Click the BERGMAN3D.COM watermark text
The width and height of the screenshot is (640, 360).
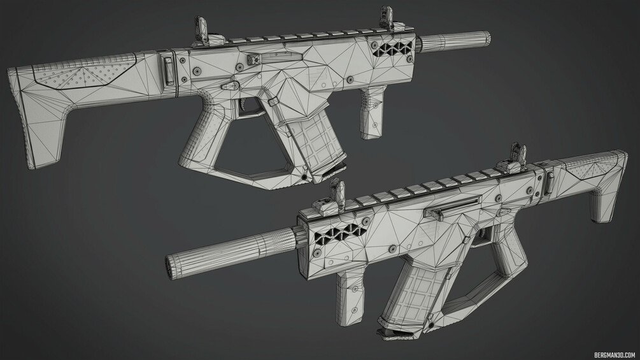(x=615, y=355)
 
